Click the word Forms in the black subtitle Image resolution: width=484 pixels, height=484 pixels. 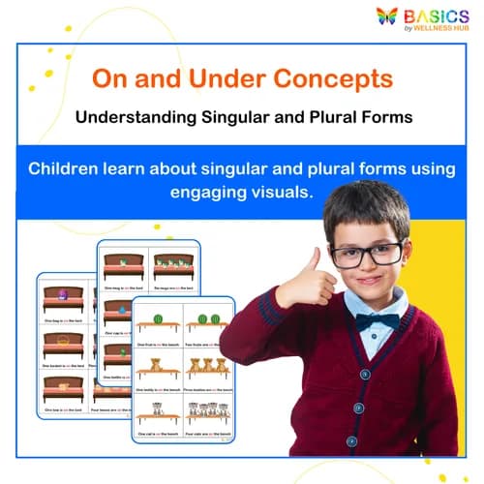[x=385, y=118]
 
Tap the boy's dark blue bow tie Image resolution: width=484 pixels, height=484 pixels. [x=376, y=321]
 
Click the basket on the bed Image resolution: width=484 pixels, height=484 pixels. [x=65, y=341]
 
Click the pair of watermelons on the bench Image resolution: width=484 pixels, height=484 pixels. [x=206, y=318]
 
